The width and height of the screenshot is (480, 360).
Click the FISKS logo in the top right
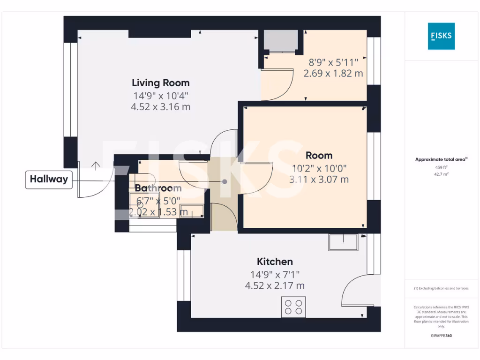coord(441,36)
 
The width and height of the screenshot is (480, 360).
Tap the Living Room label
coord(161,83)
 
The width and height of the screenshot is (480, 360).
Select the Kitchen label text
coord(275,262)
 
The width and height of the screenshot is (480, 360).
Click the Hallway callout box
coord(49,179)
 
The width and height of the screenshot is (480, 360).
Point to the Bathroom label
coord(158,188)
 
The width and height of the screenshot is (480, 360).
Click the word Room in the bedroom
coord(319,155)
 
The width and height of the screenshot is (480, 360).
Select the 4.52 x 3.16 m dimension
coord(161,107)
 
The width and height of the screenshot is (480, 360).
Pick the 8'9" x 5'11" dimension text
coord(333,62)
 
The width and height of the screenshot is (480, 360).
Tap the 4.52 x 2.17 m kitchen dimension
coord(275,285)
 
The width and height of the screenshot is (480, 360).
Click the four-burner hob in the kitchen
coord(293,307)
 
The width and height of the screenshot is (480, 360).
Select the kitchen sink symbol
coord(344,242)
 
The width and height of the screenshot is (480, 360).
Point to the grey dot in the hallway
coord(225,181)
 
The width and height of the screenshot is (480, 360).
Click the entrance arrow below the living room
coord(96,165)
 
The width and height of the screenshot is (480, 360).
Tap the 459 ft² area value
coord(441,167)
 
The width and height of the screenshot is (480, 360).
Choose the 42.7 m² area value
coord(441,173)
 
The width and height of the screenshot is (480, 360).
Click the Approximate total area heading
coord(441,159)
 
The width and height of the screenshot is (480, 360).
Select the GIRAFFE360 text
coord(441,336)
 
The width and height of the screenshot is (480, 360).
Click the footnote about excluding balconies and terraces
coord(441,288)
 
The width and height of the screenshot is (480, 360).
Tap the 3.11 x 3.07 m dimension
coord(319,179)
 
